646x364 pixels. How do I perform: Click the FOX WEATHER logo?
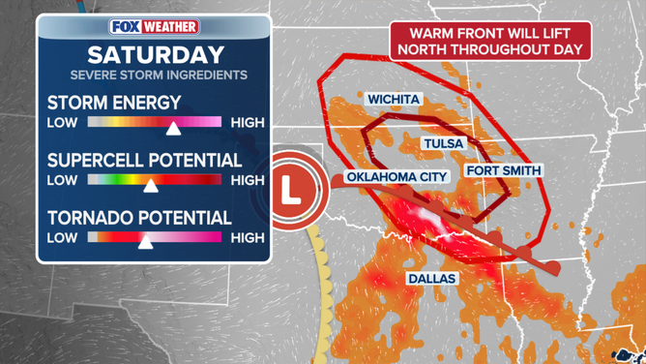click(154, 27)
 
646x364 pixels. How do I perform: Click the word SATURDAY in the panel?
click(156, 54)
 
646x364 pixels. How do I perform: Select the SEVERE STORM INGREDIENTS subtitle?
click(158, 75)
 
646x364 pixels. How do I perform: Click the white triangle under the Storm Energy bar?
click(173, 129)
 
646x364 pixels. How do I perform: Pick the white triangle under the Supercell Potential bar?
click(150, 186)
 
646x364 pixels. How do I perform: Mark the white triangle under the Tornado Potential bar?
click(144, 243)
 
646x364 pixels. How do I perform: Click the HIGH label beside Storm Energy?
click(248, 122)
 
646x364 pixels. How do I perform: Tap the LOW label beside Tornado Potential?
click(63, 237)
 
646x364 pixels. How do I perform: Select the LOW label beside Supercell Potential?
click(63, 180)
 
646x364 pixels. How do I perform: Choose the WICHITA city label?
click(394, 99)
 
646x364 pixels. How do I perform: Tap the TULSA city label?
click(444, 143)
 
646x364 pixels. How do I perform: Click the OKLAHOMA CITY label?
click(397, 176)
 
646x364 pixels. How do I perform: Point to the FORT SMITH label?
click(504, 170)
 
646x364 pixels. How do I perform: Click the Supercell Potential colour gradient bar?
click(154, 180)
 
